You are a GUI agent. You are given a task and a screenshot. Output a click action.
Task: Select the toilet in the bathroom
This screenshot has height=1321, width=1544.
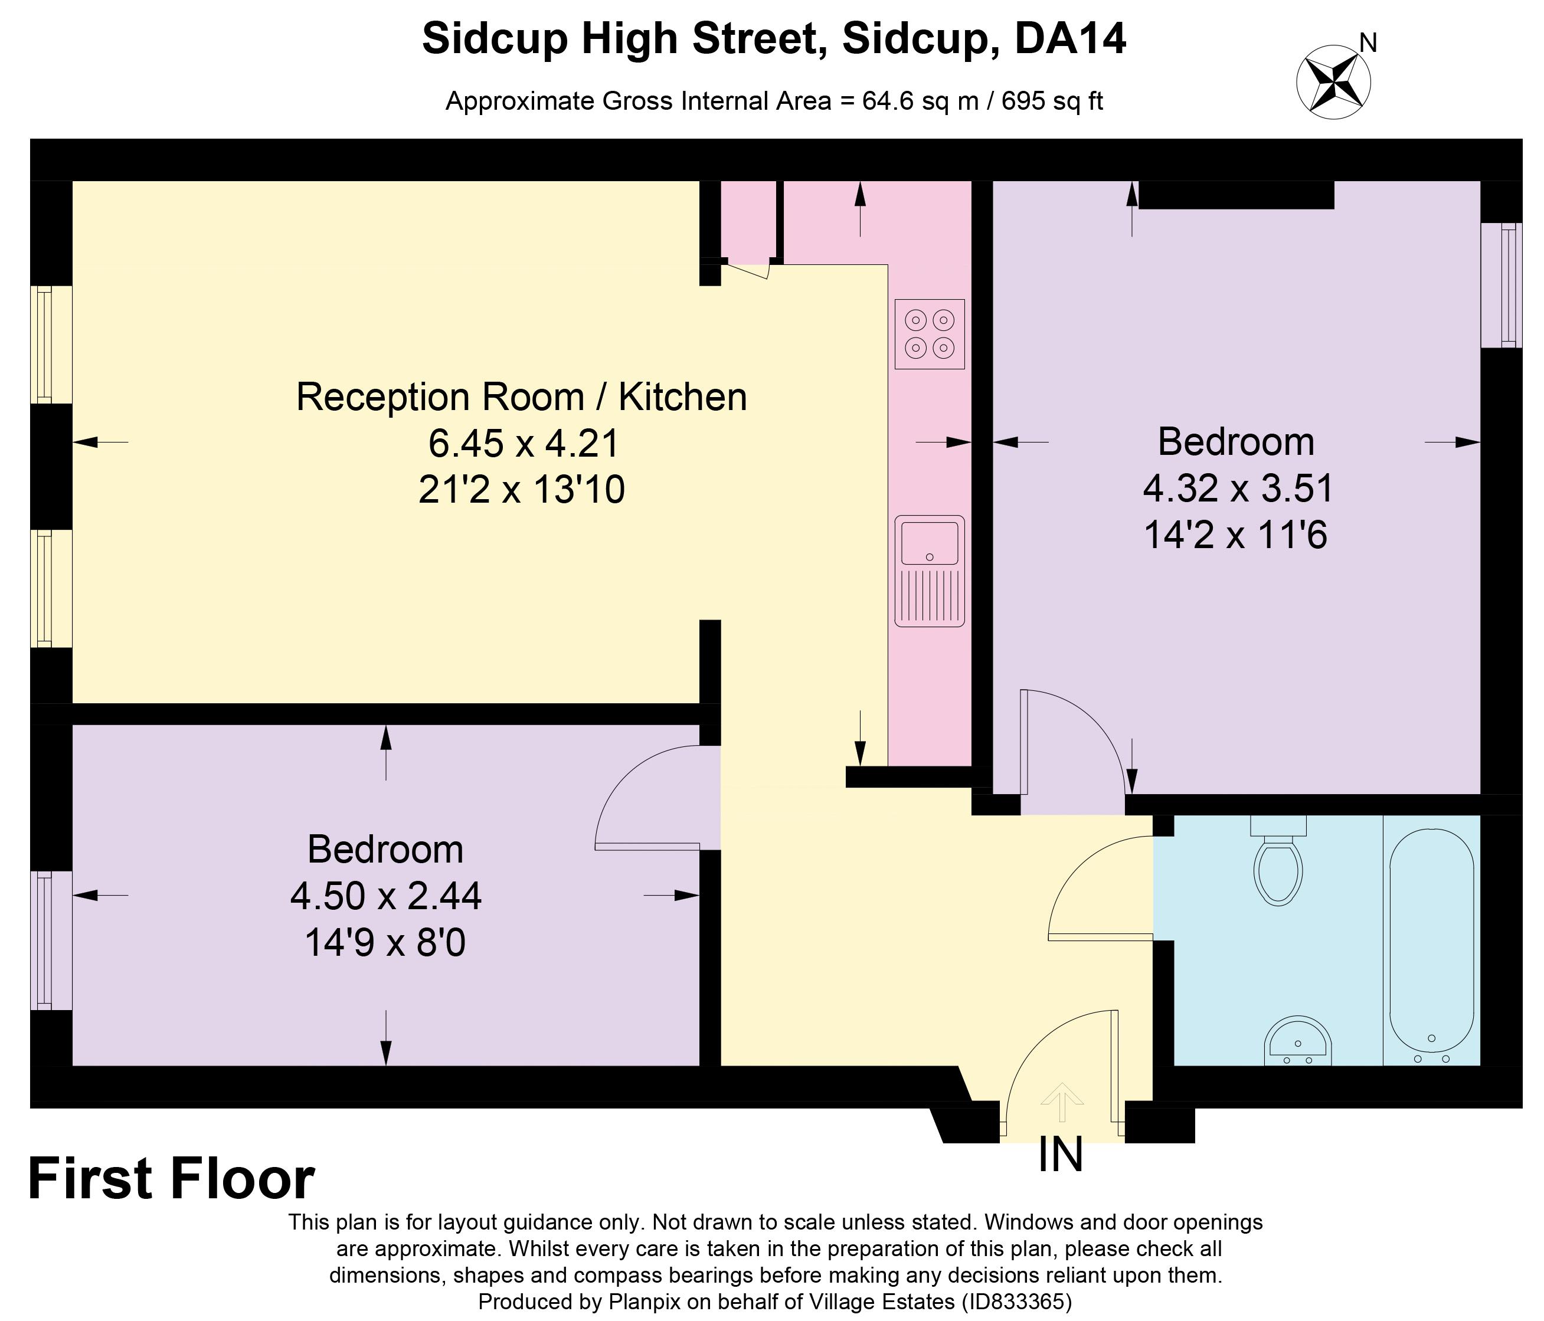click(1278, 864)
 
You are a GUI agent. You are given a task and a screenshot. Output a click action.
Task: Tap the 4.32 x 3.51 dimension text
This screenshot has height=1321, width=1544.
click(1237, 489)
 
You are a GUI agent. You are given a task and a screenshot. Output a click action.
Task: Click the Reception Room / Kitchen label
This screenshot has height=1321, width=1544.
click(522, 396)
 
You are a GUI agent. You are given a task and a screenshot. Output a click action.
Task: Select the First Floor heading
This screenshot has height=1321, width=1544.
click(171, 1179)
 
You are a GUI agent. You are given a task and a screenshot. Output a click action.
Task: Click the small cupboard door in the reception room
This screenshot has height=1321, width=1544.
click(747, 271)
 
